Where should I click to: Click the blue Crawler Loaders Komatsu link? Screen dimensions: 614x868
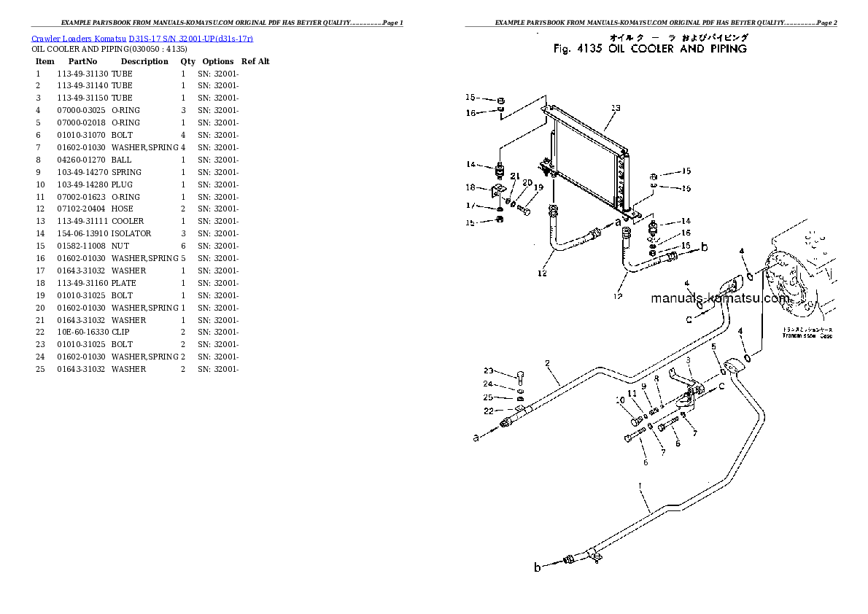[142, 37]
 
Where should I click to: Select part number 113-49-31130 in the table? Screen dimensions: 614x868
[82, 74]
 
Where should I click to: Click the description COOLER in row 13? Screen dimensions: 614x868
[128, 221]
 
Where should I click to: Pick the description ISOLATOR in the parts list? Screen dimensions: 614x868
[131, 233]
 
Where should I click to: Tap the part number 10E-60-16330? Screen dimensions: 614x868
[82, 332]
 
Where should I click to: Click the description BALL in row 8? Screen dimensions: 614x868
[121, 160]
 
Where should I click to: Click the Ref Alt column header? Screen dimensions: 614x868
[255, 62]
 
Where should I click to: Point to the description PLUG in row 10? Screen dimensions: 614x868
[122, 184]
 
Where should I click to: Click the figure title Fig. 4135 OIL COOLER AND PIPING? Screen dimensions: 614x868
[650, 49]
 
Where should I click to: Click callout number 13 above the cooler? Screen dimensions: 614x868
[615, 108]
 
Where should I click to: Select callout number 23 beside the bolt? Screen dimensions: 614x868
[488, 370]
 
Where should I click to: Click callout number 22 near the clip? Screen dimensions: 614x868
[488, 411]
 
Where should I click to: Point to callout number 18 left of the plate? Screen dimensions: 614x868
[470, 187]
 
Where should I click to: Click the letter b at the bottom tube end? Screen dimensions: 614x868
[538, 567]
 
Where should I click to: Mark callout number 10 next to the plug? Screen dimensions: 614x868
[620, 400]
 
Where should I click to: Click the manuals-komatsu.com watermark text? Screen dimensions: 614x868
[719, 298]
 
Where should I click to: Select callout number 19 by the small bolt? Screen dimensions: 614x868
[538, 187]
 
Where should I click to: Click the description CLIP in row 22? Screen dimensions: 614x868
[121, 332]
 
